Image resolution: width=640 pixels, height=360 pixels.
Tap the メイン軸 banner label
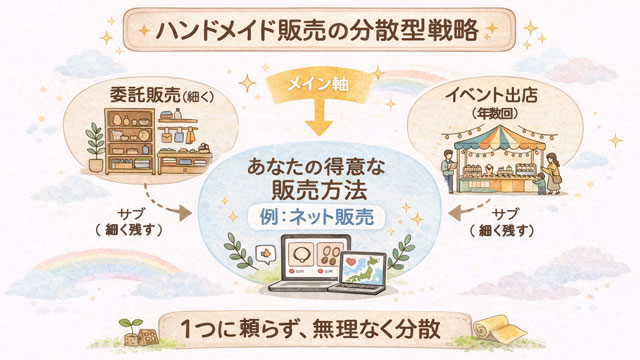coord(319,83)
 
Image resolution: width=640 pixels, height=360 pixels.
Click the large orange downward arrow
coord(319,121)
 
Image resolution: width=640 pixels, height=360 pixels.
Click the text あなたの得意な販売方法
coord(319,176)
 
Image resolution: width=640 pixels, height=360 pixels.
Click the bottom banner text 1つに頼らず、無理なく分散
coord(320,330)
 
